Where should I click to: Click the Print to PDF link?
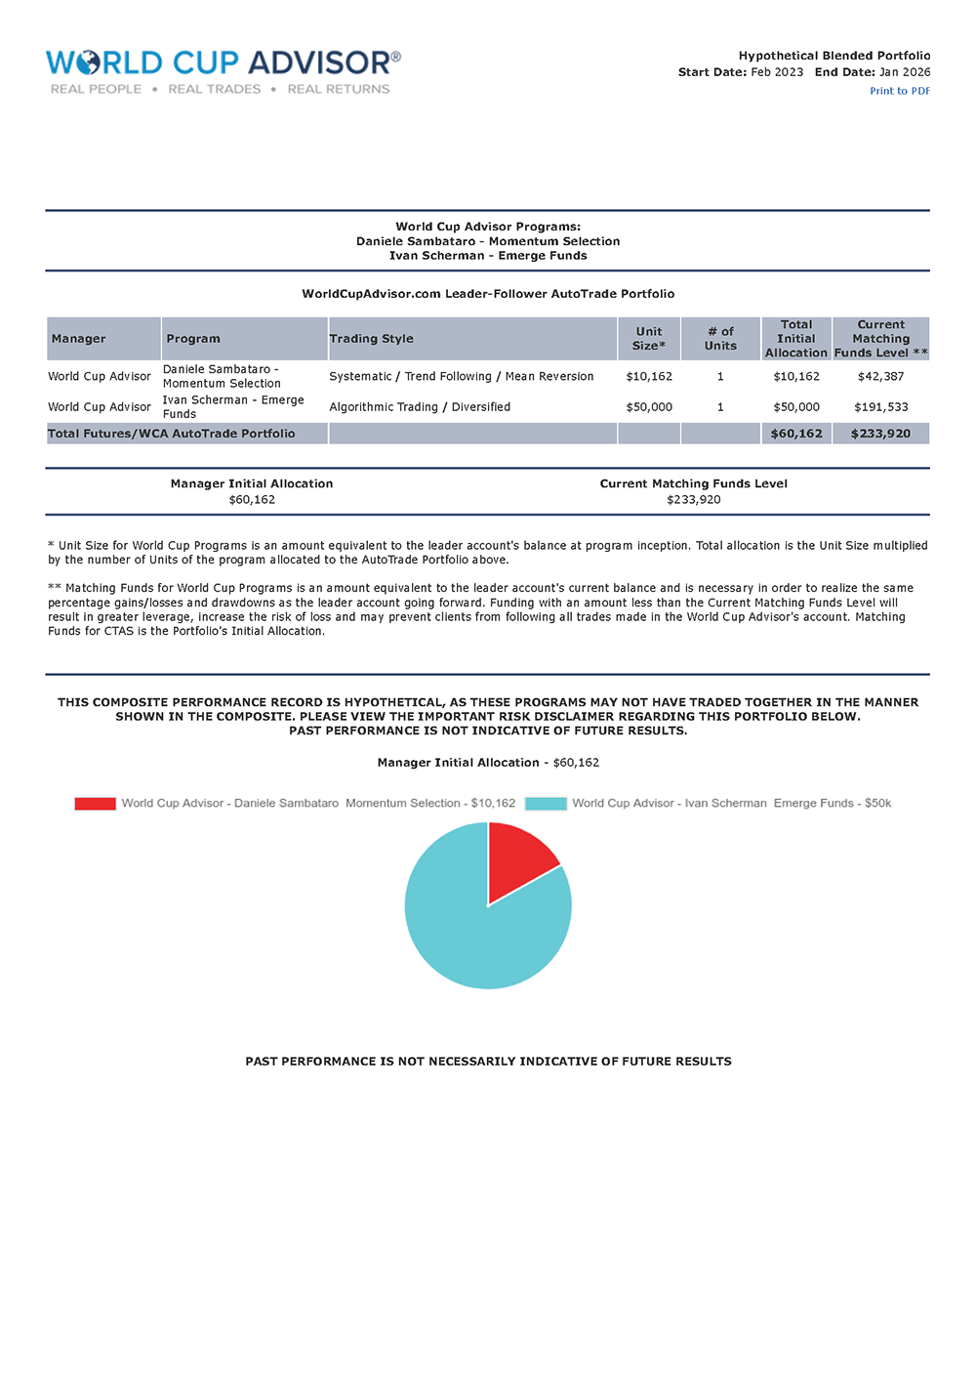point(899,91)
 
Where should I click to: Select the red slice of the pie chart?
point(517,860)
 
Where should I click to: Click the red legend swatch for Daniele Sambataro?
point(95,804)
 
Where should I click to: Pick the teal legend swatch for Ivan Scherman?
point(546,804)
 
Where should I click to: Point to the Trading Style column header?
point(371,339)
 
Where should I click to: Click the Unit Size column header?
point(648,339)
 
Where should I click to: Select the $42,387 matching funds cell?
point(880,376)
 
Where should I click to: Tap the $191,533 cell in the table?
point(880,407)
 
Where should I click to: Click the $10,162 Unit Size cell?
point(649,376)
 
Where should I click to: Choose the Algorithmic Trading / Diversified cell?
point(420,407)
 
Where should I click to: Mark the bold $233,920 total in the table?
point(880,434)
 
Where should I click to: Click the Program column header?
point(193,339)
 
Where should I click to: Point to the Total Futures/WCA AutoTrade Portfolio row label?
point(172,434)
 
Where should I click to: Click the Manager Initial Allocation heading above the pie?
point(488,763)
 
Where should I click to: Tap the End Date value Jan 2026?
point(905,72)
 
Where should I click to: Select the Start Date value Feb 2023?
point(777,72)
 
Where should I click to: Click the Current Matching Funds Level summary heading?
point(693,483)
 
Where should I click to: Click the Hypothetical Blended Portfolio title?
point(834,56)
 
